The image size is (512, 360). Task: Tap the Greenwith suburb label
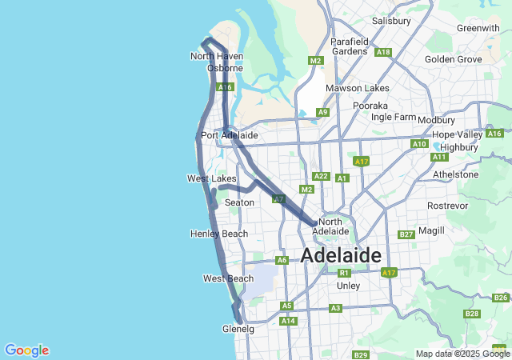478,28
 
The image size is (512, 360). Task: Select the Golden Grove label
454,59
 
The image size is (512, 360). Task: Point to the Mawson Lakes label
357,88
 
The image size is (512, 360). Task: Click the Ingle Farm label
394,117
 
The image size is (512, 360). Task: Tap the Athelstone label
455,174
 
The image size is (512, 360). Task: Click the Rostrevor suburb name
447,206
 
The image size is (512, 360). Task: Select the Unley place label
349,286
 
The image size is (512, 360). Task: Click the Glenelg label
238,329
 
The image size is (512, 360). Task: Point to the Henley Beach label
219,234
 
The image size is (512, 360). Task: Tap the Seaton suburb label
239,203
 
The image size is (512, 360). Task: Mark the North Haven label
217,56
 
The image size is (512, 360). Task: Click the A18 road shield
383,53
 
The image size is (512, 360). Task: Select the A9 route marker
322,112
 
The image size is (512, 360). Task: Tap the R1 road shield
344,273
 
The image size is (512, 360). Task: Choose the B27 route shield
406,234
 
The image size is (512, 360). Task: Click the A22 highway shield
321,176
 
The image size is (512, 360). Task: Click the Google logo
26,350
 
